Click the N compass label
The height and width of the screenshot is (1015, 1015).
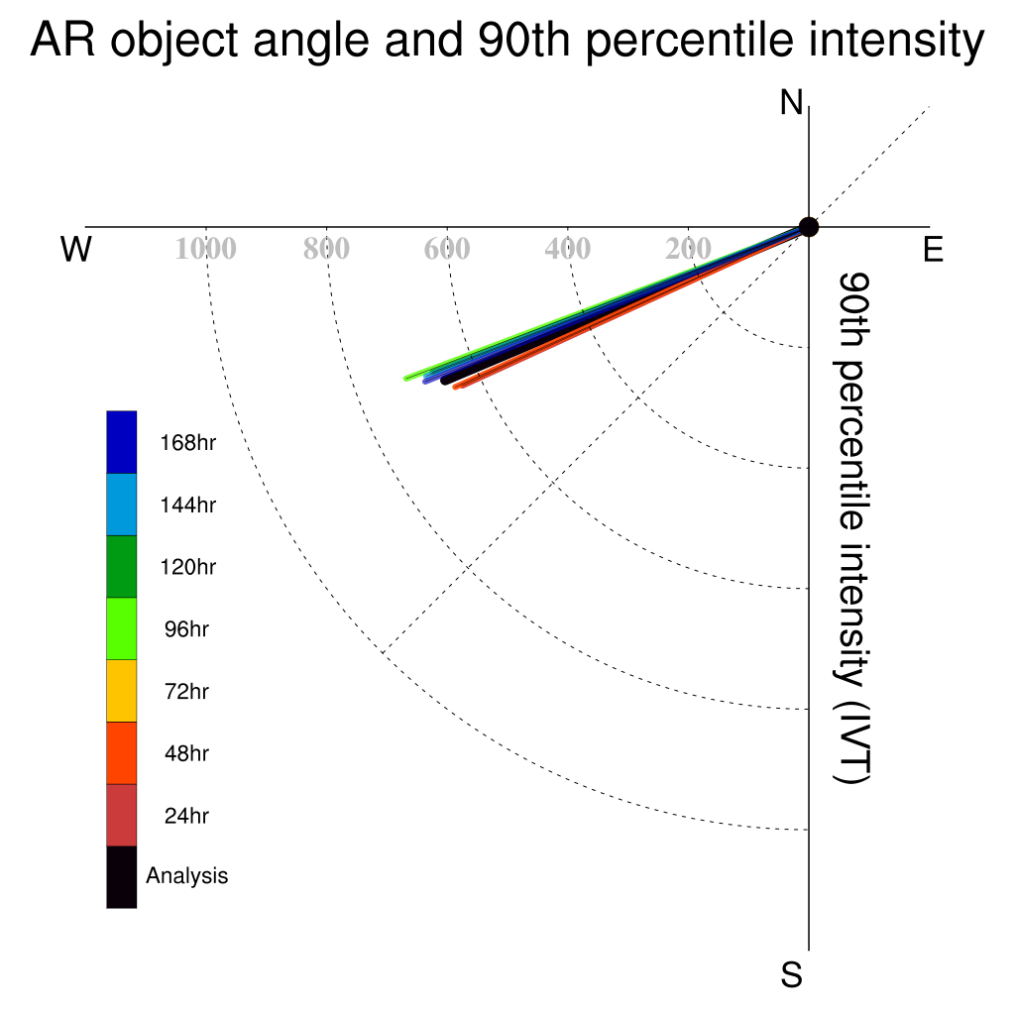[x=791, y=103]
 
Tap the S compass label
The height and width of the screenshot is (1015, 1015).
[x=792, y=975]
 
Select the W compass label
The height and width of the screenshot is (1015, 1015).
[x=76, y=249]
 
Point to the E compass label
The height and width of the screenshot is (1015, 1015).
[x=933, y=250]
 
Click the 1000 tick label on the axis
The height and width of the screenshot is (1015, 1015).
[x=206, y=249]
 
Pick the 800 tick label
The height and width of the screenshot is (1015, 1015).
[x=326, y=249]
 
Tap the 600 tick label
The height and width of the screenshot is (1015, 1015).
[x=447, y=249]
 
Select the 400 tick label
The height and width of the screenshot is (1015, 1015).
[x=568, y=249]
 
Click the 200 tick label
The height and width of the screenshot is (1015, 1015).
[x=688, y=249]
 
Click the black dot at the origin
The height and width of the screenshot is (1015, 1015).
[x=809, y=227]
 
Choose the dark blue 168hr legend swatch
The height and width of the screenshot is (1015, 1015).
[x=122, y=442]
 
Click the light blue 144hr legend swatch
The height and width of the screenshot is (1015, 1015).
[x=122, y=505]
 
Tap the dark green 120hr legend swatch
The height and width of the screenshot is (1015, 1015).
[x=122, y=566]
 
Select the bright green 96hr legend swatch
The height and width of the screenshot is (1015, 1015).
[x=122, y=628]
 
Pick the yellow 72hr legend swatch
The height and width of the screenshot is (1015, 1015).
[x=122, y=691]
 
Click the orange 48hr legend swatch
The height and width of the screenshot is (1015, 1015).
[x=122, y=753]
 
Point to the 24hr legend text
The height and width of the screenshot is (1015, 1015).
[x=186, y=816]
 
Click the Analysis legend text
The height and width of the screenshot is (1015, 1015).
[x=187, y=876]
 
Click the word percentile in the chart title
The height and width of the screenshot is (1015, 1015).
[x=690, y=41]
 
